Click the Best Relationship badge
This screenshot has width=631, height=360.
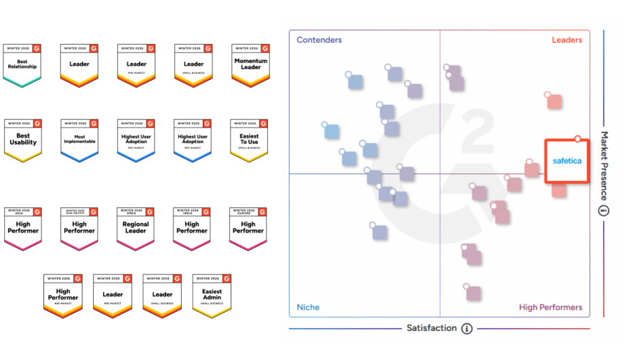tap(22, 65)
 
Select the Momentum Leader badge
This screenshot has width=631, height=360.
tap(250, 65)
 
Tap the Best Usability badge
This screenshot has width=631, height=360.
tap(23, 140)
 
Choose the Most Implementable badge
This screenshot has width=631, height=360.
tap(79, 140)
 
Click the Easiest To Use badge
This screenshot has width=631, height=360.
tap(249, 140)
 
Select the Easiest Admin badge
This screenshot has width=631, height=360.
tap(212, 295)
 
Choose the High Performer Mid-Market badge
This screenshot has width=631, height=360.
tap(63, 295)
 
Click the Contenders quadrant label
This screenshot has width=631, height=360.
tap(319, 40)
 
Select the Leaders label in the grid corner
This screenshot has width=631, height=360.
tap(567, 40)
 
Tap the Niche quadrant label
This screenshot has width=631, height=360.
tap(308, 308)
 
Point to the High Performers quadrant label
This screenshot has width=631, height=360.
tap(550, 308)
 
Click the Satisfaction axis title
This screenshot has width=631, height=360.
tap(432, 328)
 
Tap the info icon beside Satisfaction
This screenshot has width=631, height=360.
tap(467, 329)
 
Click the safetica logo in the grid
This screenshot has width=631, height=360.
tap(567, 161)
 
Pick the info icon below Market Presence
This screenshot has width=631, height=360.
tap(604, 210)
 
